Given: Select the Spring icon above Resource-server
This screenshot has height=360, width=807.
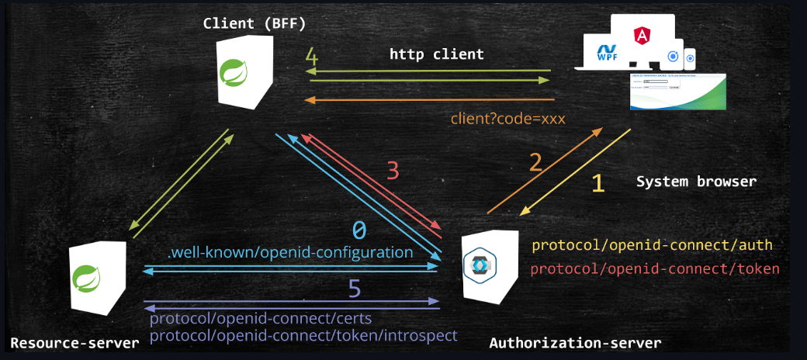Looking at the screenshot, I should [82, 276].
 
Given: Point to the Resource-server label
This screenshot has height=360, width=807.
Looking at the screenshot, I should [74, 343].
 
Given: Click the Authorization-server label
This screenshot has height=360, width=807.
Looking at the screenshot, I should [575, 343].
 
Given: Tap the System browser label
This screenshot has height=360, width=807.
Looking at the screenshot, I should [696, 182].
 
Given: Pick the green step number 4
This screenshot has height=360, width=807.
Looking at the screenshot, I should [311, 57].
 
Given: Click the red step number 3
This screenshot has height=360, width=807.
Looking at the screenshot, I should [393, 170].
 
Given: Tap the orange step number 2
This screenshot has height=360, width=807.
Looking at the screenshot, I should [535, 163].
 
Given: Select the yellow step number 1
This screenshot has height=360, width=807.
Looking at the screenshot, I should [597, 183].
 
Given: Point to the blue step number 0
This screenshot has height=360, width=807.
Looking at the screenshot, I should [359, 230].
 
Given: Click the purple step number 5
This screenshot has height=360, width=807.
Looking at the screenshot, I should [354, 289].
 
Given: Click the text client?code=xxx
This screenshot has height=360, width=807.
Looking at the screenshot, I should [507, 119].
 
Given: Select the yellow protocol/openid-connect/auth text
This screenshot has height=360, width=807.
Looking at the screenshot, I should [652, 245].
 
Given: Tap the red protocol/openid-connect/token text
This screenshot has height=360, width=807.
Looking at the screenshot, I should [655, 268].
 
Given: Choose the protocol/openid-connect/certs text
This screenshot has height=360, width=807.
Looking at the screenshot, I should [261, 319].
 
